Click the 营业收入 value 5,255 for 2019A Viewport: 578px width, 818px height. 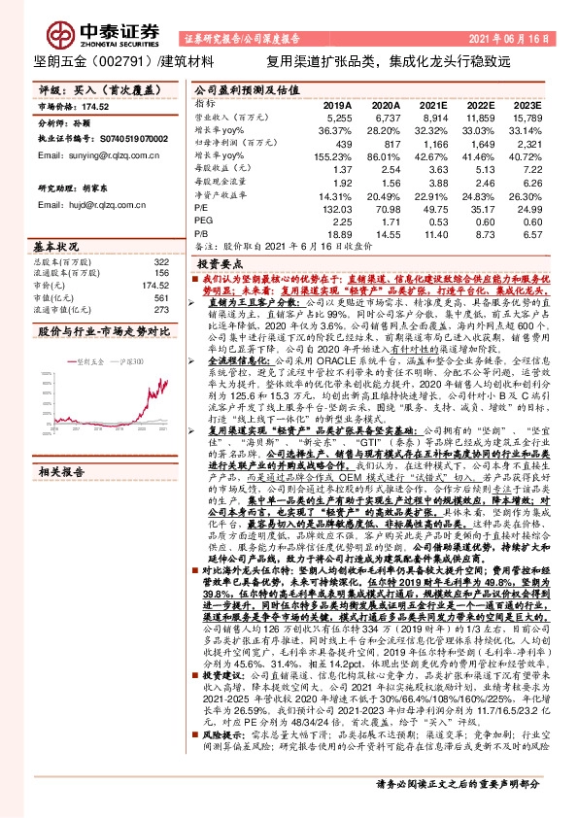336,117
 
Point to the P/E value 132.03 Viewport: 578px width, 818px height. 335,207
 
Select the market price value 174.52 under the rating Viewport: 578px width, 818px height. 97,106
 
